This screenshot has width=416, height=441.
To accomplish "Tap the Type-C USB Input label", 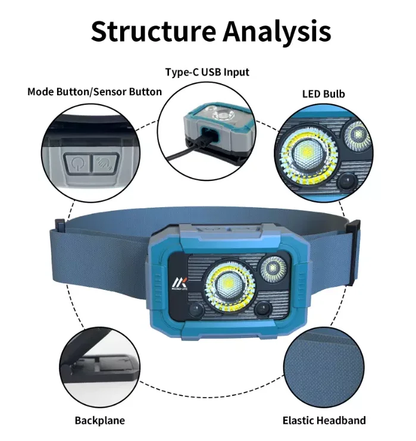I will tap(207, 72).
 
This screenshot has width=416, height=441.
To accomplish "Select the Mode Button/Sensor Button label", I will tap(95, 92).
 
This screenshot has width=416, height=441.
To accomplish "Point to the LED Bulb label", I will tap(323, 94).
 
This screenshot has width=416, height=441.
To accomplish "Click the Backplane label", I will tap(99, 420).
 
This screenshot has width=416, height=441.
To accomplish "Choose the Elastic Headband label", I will tap(324, 420).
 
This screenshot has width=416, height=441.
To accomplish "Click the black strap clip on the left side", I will tap(60, 224).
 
